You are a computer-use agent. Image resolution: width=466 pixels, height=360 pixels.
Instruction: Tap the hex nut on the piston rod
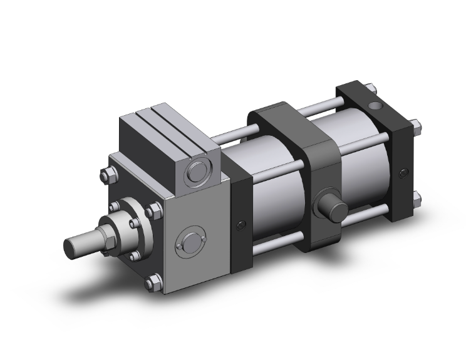click(x=108, y=231)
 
